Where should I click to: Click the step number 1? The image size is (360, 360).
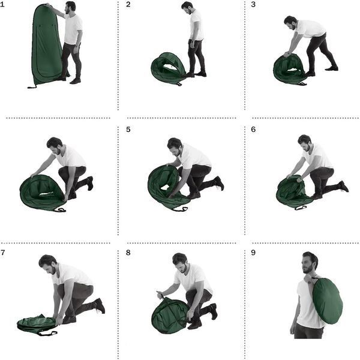(2, 4)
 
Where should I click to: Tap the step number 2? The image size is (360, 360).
(128, 4)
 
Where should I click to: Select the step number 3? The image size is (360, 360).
(253, 4)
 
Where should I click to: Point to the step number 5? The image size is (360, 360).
(128, 130)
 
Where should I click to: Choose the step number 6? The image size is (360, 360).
(253, 130)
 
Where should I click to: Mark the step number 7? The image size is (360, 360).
(3, 253)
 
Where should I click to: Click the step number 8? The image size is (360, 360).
(128, 253)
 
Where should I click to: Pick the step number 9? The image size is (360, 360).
(253, 253)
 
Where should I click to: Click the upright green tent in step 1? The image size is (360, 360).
(46, 46)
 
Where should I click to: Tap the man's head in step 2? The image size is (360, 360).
(188, 8)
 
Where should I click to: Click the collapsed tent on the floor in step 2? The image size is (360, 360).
(169, 68)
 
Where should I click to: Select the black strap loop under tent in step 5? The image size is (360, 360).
(180, 209)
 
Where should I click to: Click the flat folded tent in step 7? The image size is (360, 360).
(37, 324)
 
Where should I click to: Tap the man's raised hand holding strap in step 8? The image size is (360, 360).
(160, 294)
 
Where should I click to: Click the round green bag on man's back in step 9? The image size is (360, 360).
(328, 301)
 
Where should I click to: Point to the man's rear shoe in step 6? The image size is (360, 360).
(344, 186)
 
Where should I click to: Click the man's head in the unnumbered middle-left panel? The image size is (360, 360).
(55, 145)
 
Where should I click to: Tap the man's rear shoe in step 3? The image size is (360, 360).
(332, 68)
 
